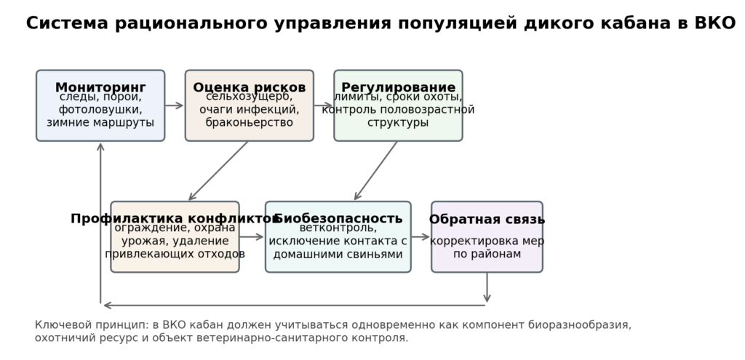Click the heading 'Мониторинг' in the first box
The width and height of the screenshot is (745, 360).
100,88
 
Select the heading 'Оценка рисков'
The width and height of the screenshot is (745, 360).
249,88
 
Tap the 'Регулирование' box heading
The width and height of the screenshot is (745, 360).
398,88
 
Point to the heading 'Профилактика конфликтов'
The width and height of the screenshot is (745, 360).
175,219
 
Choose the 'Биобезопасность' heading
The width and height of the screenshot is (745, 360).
338,219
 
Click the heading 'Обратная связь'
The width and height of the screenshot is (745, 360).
487,220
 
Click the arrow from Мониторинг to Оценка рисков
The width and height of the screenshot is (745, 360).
175,105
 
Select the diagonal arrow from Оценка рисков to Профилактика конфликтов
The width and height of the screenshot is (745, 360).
218,171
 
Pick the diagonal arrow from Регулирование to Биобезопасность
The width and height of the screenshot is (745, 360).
376,171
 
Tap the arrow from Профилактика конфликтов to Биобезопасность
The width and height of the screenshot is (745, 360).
252,236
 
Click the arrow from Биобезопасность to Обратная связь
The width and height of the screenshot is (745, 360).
421,236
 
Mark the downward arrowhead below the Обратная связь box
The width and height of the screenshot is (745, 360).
487,297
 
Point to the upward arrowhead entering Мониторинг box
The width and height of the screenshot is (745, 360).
100,147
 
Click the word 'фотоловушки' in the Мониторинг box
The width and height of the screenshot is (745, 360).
100,110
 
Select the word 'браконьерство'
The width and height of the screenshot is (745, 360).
249,123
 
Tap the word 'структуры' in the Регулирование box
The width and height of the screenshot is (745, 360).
398,123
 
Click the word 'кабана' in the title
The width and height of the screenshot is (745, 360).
642,23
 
